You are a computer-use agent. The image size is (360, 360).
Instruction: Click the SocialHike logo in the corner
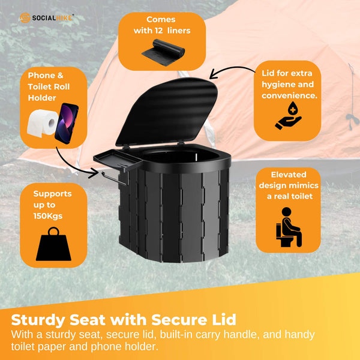(x=46, y=17)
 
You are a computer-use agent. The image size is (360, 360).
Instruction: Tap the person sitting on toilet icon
(x=289, y=227)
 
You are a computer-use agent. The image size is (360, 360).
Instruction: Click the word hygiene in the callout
(x=282, y=84)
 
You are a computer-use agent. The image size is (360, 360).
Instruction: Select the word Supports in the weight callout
(x=52, y=194)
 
